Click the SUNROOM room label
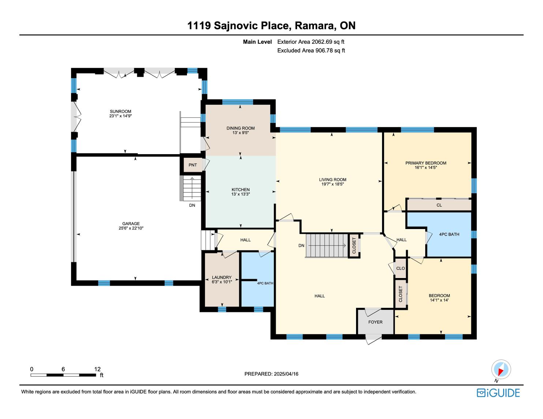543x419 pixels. tap(120, 111)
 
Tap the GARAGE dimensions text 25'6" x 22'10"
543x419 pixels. tap(131, 228)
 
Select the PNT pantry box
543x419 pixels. tap(193, 165)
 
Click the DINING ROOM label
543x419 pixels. tap(240, 128)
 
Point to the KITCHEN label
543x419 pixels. tap(240, 190)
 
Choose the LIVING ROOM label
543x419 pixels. tap(333, 180)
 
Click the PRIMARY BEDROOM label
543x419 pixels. tap(426, 163)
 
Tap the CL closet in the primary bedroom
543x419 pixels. tap(439, 205)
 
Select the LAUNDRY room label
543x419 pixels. tap(222, 277)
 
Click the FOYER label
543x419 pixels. tap(375, 322)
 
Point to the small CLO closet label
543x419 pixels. tap(400, 268)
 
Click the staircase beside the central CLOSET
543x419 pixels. tap(327, 245)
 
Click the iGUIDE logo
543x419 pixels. tap(498, 393)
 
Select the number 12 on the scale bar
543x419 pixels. tap(97, 369)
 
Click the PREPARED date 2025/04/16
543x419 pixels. tap(286, 374)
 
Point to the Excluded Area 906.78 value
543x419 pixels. tap(324, 50)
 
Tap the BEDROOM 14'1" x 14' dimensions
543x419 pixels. tap(439, 300)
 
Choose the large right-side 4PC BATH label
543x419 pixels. tap(449, 235)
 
